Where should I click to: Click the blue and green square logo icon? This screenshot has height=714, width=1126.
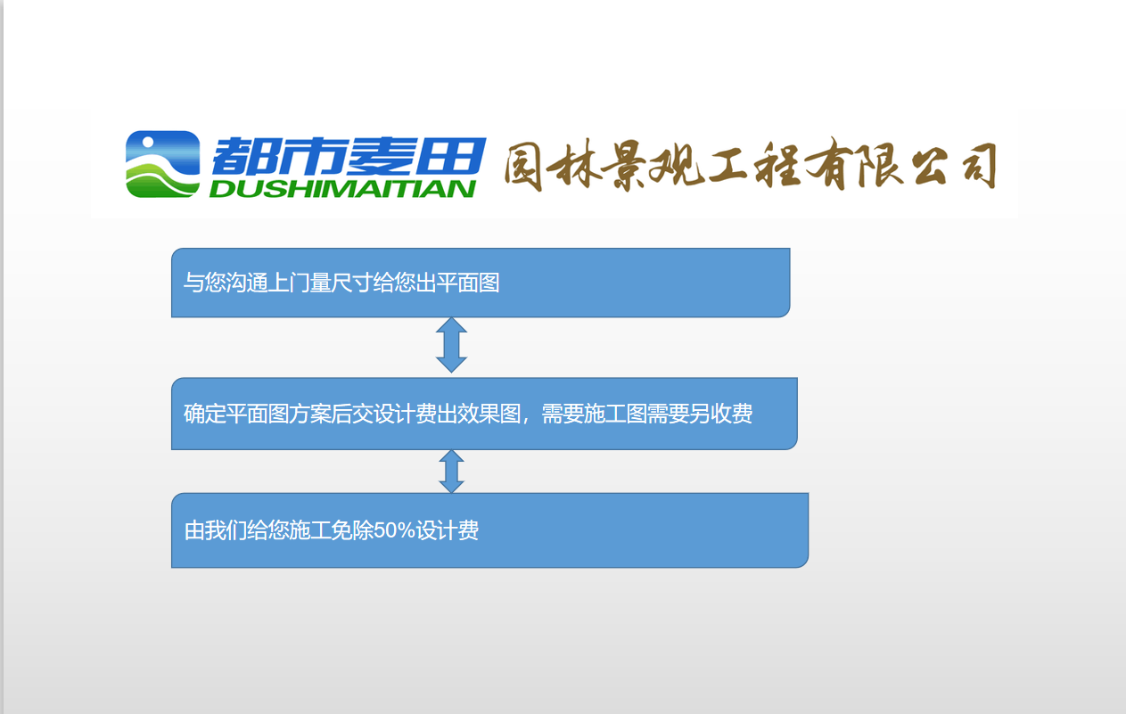162,164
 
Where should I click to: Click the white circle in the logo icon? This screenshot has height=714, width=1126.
145,144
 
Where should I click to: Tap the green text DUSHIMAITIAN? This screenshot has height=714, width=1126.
342,188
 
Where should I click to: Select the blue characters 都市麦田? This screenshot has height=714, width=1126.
348,156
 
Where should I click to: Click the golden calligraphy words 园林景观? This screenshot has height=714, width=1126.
605,166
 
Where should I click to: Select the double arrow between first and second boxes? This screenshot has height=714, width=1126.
451,345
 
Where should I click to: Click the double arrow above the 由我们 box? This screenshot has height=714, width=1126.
451,472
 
